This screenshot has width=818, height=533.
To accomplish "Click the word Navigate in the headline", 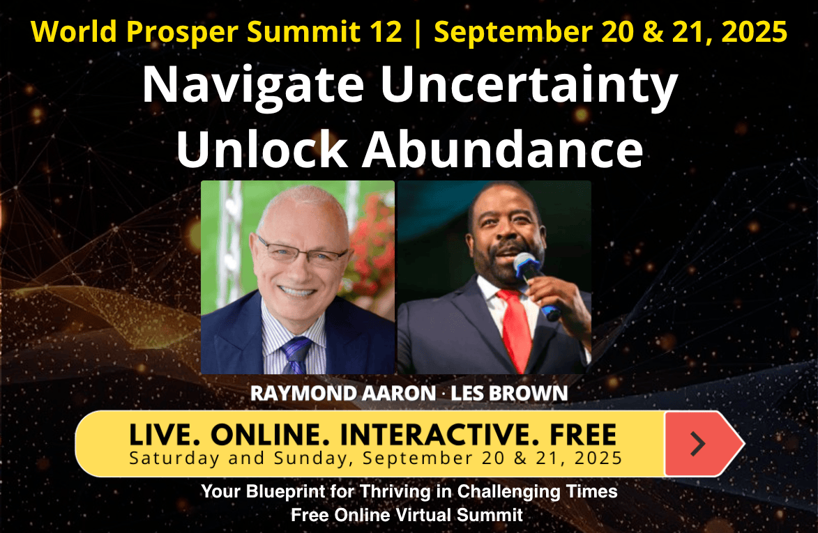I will (253, 85).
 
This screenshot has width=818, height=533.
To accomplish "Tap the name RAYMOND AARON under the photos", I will (342, 393).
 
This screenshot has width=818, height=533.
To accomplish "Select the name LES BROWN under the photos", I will (509, 393).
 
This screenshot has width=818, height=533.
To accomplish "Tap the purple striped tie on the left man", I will (296, 355).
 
